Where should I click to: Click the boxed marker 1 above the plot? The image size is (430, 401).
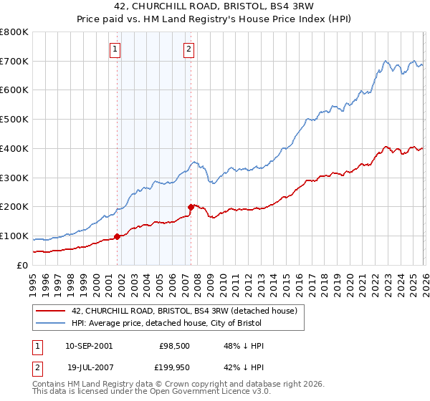(x=115, y=49)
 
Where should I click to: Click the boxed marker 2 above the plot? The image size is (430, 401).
(x=188, y=49)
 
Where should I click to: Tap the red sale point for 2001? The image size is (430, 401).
(x=117, y=236)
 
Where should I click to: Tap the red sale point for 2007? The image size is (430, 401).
(x=191, y=207)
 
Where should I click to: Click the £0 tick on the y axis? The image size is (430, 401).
(x=23, y=265)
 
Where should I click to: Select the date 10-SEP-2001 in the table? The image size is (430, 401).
(x=88, y=346)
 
